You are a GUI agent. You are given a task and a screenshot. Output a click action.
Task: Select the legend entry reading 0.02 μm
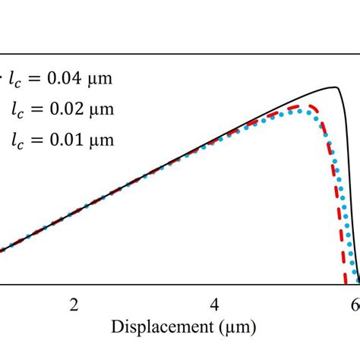tap(63, 109)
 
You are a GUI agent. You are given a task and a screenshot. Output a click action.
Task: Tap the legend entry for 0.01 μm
tap(63, 140)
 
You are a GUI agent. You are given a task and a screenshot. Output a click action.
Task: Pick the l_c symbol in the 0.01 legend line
tap(17, 141)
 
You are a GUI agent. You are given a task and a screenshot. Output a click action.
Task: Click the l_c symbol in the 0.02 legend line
tap(17, 109)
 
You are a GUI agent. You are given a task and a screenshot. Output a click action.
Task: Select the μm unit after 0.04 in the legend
tap(101, 77)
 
